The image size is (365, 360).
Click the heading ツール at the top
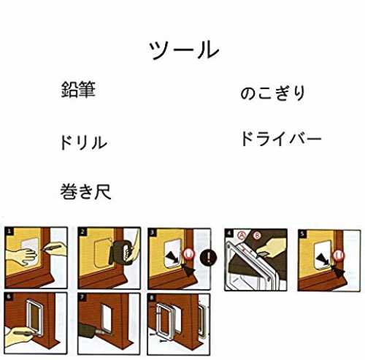pyautogui.click(x=184, y=50)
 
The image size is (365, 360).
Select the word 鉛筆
pyautogui.click(x=78, y=89)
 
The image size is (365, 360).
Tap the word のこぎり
pyautogui.click(x=272, y=93)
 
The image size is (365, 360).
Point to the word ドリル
pyautogui.click(x=83, y=142)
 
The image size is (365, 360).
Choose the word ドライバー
pyautogui.click(x=281, y=139)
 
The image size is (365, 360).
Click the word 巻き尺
pyautogui.click(x=85, y=191)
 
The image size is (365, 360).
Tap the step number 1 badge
pyautogui.click(x=9, y=231)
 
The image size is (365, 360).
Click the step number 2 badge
pyautogui.click(x=82, y=231)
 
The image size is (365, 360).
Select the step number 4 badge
pyautogui.click(x=229, y=233)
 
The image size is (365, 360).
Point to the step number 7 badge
pyautogui.click(x=82, y=296)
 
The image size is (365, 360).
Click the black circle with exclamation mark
pyautogui.click(x=208, y=257)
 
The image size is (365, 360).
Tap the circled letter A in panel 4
pyautogui.click(x=242, y=235)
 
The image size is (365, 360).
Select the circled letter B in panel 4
pyautogui.click(x=256, y=236)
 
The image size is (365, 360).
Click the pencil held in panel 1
pyautogui.click(x=52, y=248)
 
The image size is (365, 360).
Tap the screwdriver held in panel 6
pyautogui.click(x=24, y=333)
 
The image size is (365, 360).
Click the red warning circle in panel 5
pyautogui.click(x=339, y=256)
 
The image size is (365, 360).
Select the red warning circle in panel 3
pyautogui.click(x=189, y=254)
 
